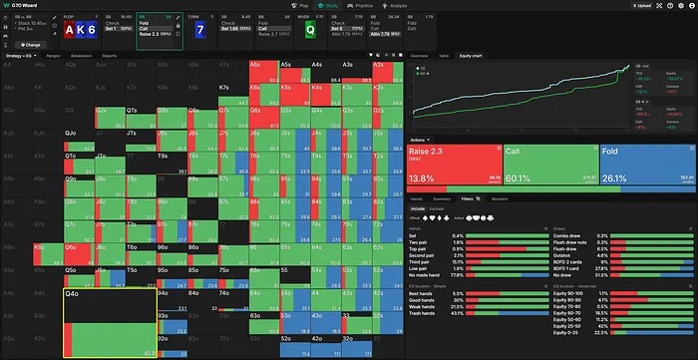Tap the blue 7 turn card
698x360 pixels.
[201, 29]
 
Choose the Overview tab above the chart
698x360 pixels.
[420, 55]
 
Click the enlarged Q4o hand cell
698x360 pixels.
[109, 321]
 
